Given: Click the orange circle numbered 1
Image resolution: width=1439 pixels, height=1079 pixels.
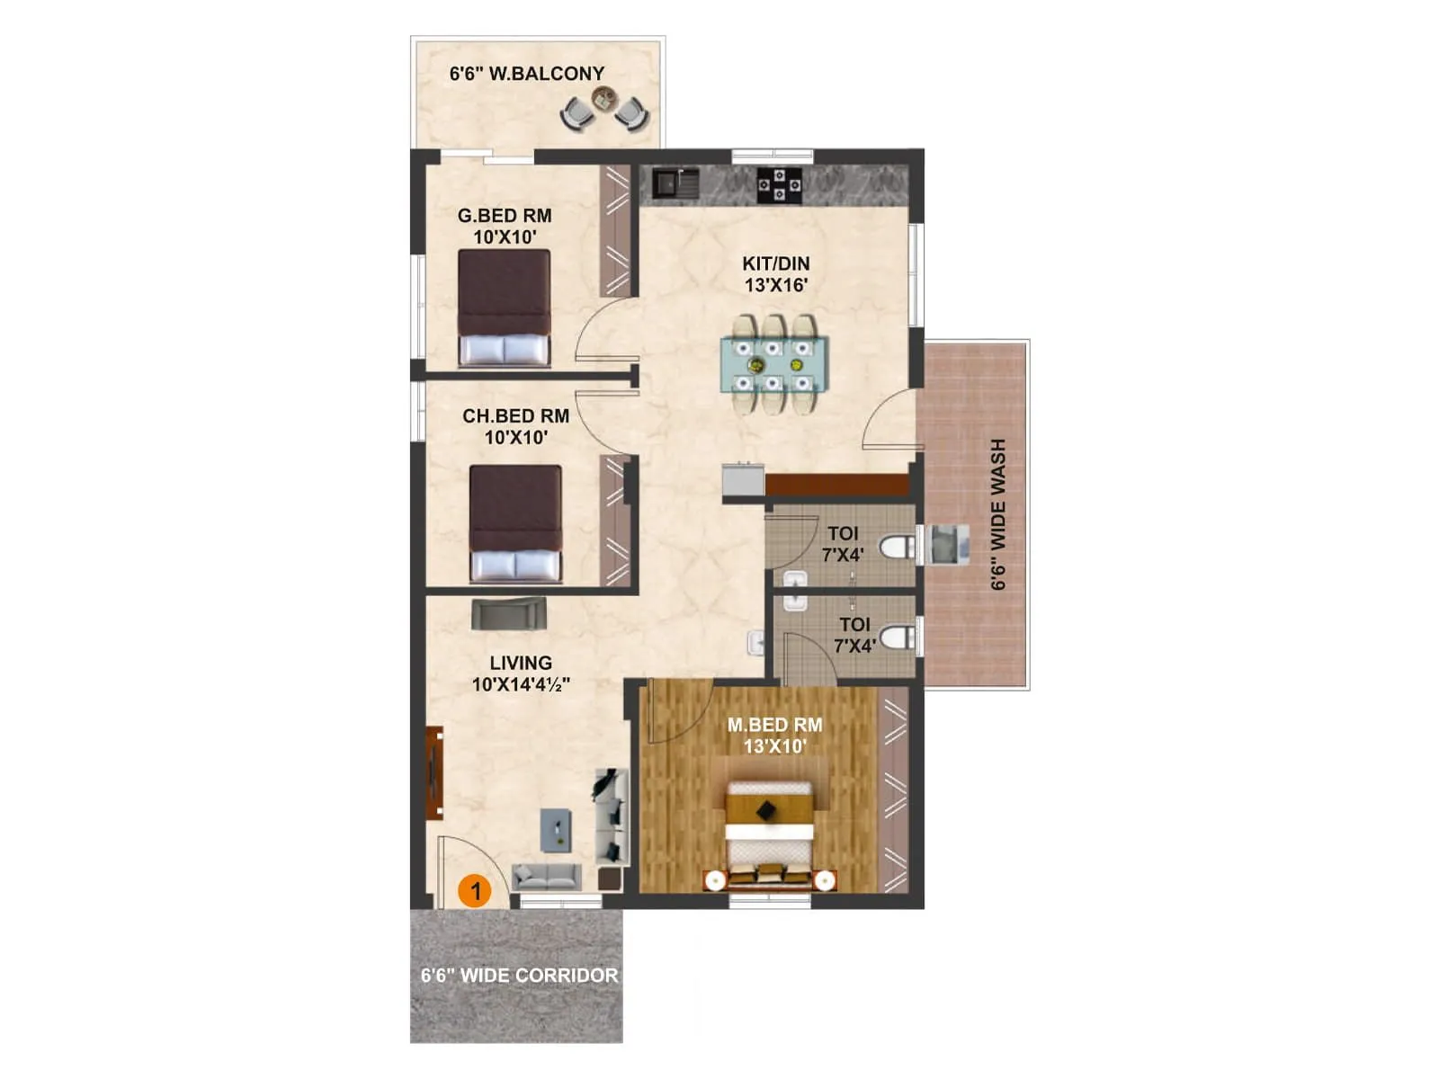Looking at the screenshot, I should point(475,891).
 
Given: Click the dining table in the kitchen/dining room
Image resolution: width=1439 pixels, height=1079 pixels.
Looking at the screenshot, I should point(773,364).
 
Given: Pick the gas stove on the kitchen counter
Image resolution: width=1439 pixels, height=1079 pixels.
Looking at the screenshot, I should point(779,185).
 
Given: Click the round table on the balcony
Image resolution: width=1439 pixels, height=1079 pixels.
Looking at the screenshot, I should point(604,96).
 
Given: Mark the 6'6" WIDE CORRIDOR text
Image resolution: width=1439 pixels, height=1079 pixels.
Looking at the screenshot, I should point(519,976).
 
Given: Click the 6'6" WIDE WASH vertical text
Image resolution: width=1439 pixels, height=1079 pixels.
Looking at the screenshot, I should point(998,514).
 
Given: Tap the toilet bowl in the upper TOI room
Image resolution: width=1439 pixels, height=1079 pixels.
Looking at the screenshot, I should point(896,547).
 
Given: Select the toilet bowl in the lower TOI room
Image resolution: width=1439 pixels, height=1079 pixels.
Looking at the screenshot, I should point(896,638).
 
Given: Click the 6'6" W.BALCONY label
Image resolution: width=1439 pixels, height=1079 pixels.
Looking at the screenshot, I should point(527,74).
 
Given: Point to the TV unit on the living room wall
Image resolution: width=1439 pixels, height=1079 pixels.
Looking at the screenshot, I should point(434,771).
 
